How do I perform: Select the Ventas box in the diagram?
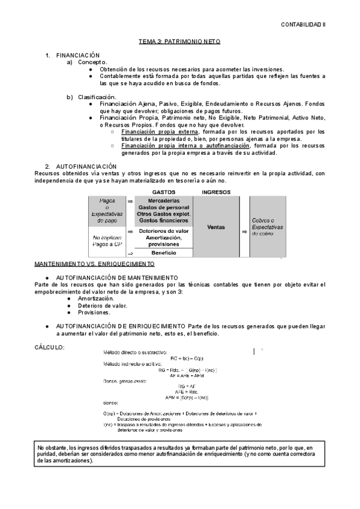pos(216,227)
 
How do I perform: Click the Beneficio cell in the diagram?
pos(164,253)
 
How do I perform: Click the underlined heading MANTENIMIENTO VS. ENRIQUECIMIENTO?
pos(94,264)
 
